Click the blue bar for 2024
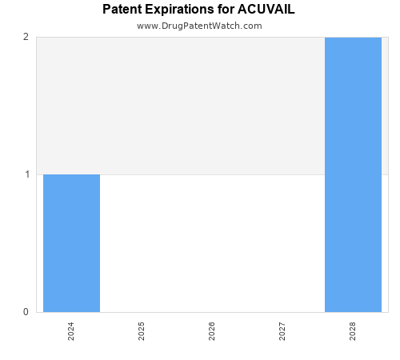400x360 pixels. (71, 243)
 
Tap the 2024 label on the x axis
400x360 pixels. (71, 331)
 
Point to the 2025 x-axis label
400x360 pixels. (142, 331)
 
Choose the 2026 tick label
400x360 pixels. (212, 331)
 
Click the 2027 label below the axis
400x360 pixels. (282, 331)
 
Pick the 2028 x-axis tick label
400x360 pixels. (353, 331)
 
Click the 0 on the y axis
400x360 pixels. (26, 312)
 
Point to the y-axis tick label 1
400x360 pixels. (26, 174)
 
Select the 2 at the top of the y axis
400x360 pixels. (26, 37)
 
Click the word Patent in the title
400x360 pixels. (122, 10)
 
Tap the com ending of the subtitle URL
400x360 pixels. (253, 26)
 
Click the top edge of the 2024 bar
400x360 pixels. (71, 174)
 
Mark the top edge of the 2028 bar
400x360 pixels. (353, 38)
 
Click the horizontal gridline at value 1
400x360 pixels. (212, 174)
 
